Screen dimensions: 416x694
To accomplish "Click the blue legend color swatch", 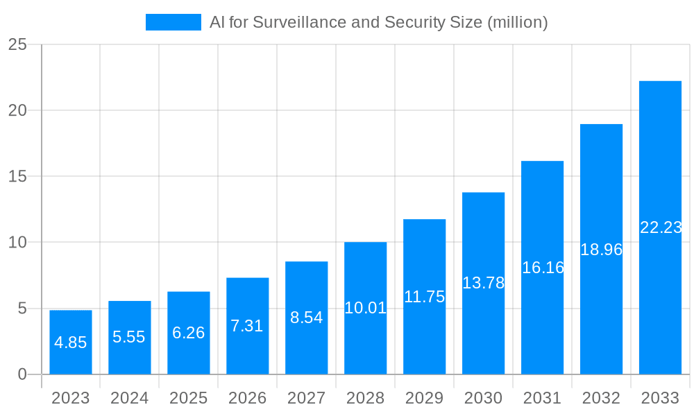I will (x=173, y=22).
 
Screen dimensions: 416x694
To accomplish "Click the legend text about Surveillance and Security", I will (x=378, y=22).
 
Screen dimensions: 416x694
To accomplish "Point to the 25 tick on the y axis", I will (x=17, y=44).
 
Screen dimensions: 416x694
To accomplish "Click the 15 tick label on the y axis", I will (x=17, y=176).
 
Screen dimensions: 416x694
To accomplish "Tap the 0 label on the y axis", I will (x=22, y=374).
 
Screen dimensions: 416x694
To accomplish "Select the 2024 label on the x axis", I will (x=130, y=398).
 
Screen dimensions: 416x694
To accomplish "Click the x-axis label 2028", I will (x=366, y=398).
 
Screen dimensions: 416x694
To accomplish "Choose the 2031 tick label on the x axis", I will (x=543, y=398).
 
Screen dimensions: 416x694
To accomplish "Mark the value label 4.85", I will (x=71, y=342).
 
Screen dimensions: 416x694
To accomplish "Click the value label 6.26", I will (x=189, y=333).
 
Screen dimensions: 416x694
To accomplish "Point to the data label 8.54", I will (x=307, y=318).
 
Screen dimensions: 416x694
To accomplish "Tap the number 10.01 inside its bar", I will (x=366, y=308).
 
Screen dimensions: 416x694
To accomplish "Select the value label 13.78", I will (x=484, y=283).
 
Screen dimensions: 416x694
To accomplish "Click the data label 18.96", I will (x=602, y=250).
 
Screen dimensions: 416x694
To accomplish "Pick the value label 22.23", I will (x=661, y=227).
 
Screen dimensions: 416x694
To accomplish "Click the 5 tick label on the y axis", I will (x=22, y=308).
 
